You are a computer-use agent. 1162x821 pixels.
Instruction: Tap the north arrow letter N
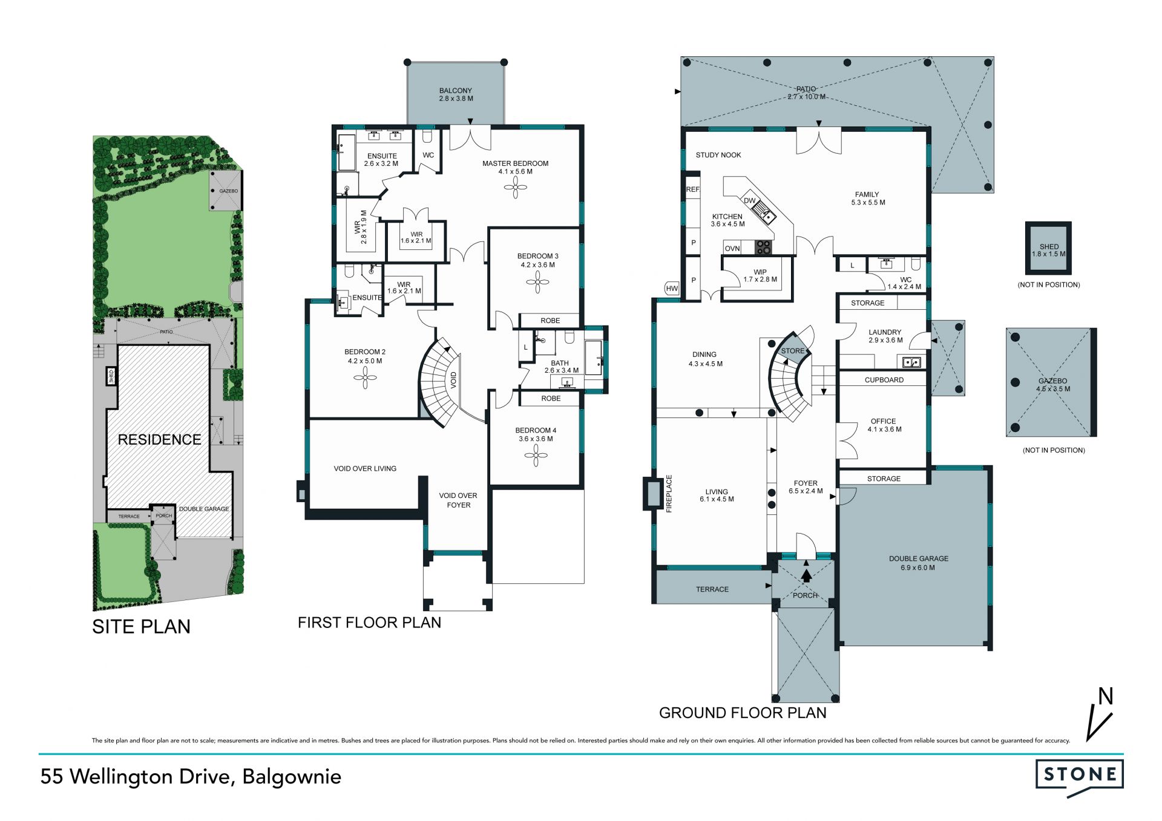point(1106,696)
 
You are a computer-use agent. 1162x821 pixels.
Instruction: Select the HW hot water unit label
point(672,289)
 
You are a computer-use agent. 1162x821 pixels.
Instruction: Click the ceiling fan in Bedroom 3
point(537,282)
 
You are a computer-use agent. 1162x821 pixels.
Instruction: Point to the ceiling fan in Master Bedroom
point(515,188)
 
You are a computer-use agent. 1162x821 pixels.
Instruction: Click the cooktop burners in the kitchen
point(764,247)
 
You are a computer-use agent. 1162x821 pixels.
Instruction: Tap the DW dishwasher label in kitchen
point(750,201)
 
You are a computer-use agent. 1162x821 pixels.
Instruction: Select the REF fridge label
point(692,189)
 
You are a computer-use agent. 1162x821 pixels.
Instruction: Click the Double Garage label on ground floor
point(918,563)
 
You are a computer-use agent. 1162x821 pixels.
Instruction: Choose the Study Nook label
point(718,155)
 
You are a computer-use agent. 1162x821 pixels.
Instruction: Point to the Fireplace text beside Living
point(669,494)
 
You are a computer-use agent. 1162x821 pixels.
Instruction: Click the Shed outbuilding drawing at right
point(1048,248)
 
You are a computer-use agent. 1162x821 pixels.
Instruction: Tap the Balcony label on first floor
point(456,94)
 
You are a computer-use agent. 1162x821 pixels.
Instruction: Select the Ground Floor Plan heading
point(743,713)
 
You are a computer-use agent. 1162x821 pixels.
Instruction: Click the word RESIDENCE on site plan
point(159,440)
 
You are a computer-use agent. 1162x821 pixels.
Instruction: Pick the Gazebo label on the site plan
point(229,191)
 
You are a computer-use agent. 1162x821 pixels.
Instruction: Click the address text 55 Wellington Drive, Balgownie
point(191,777)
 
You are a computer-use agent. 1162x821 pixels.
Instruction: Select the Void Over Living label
point(365,468)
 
